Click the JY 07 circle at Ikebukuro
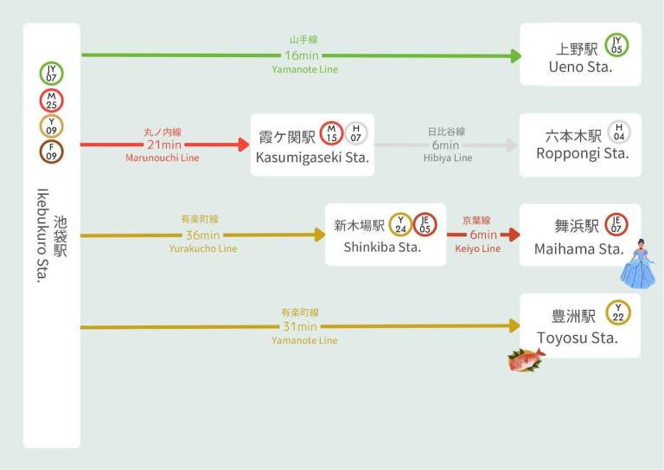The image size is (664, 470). click(x=51, y=74)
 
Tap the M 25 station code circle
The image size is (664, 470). click(x=51, y=100)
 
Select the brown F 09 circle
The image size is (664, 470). click(x=51, y=151)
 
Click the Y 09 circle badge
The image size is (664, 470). click(x=51, y=126)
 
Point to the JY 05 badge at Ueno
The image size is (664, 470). click(x=616, y=45)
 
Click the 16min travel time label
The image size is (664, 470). click(x=302, y=55)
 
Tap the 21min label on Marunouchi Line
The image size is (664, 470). click(x=164, y=145)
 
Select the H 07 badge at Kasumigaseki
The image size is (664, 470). click(x=355, y=133)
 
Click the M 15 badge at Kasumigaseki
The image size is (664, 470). click(x=332, y=133)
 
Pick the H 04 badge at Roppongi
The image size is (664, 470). click(x=619, y=132)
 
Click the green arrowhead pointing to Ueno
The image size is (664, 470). click(x=516, y=56)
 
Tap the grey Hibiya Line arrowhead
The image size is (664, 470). click(x=513, y=145)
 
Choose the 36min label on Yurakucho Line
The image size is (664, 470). click(x=203, y=235)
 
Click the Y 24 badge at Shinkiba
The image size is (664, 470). click(x=400, y=225)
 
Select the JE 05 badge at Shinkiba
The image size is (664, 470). click(x=425, y=225)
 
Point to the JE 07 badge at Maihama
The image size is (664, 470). click(x=616, y=225)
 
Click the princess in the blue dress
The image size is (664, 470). click(x=638, y=264)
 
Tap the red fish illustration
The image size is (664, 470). click(x=527, y=359)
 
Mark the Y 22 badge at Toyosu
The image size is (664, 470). click(x=618, y=312)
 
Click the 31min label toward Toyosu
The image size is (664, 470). click(x=300, y=327)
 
